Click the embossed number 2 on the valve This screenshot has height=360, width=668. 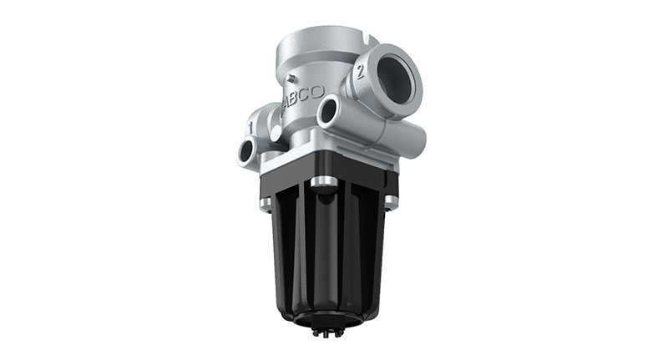point(361,71)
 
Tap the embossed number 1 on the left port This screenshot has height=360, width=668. point(250,126)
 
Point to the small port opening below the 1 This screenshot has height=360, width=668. point(246,151)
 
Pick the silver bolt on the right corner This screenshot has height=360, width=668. point(390,201)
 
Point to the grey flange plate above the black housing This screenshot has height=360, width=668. point(330,164)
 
